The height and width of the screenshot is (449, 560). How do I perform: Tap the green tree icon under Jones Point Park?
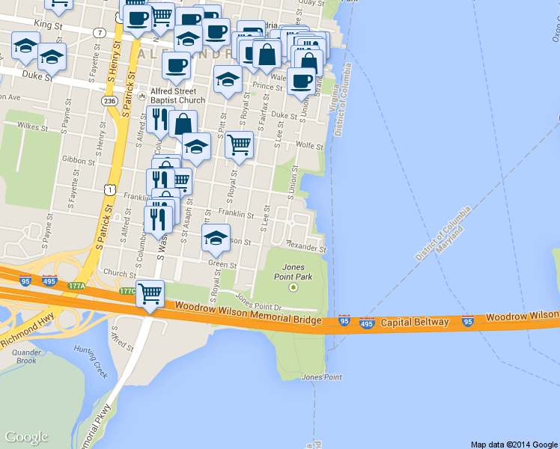pos(293,286)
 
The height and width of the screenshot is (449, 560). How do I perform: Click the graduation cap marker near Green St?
pos(216,238)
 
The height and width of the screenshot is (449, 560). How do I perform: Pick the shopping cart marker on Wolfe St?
pos(239,145)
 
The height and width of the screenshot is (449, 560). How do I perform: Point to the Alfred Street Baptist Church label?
pos(177,96)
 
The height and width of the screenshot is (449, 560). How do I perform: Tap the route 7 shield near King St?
pos(99,32)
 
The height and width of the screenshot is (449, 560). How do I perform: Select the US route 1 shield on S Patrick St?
pos(110,192)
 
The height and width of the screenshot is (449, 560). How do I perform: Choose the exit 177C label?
pos(128,291)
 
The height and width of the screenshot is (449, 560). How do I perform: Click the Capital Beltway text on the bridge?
pos(414,323)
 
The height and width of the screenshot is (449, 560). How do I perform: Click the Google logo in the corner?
pos(26,437)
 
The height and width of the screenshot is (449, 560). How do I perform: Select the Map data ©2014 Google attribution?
pos(514,444)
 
